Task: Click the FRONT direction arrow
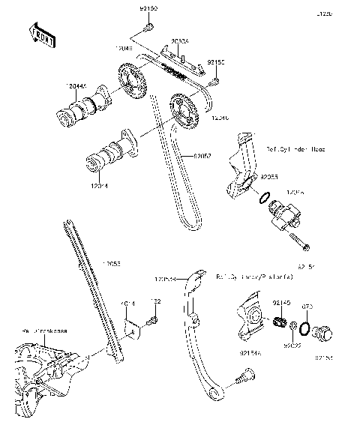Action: (x=42, y=34)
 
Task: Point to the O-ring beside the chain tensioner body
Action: (x=262, y=198)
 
